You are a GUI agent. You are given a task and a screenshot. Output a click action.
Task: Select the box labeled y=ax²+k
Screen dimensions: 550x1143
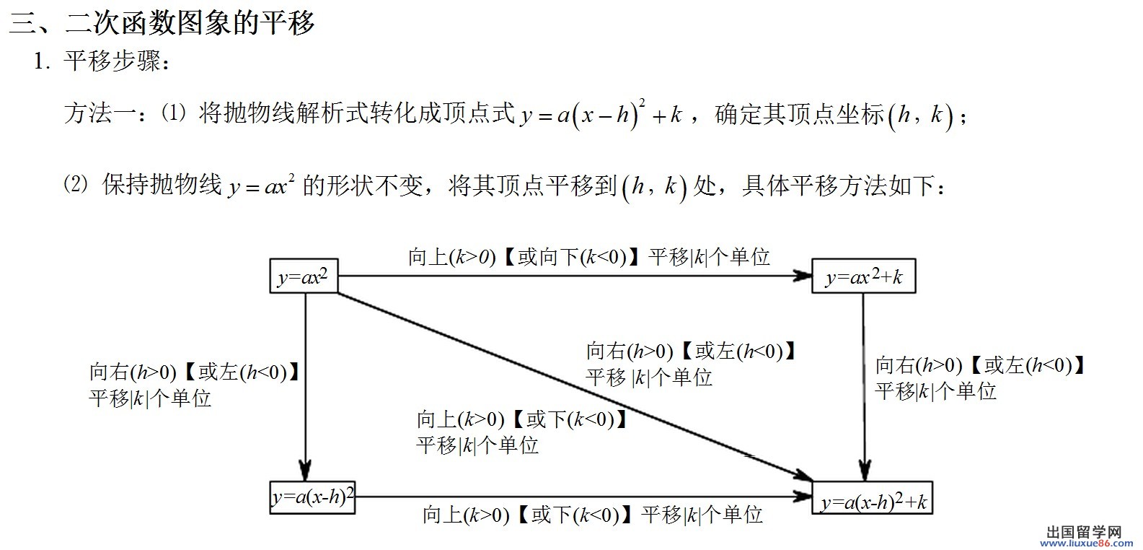click(x=863, y=276)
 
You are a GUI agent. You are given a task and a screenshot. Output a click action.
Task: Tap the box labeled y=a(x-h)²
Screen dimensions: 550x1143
click(x=313, y=497)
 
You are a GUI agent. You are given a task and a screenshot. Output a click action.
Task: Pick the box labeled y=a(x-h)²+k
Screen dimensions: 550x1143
click(x=873, y=499)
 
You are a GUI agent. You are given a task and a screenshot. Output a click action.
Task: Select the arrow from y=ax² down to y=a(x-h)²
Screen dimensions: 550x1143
click(x=305, y=383)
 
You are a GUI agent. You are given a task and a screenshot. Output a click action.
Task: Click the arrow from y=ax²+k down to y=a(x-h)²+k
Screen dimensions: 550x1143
click(x=863, y=383)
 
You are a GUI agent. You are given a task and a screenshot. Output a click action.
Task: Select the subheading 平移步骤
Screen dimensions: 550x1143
click(x=112, y=62)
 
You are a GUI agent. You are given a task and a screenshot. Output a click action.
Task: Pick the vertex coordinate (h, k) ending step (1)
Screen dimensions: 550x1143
click(x=920, y=115)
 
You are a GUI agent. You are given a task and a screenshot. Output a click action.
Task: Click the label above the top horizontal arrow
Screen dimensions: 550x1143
click(x=588, y=257)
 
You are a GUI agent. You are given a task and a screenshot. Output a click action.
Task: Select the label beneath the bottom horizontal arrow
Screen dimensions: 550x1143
click(x=593, y=515)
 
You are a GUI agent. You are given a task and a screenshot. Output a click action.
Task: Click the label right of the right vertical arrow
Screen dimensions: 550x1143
click(x=979, y=377)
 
